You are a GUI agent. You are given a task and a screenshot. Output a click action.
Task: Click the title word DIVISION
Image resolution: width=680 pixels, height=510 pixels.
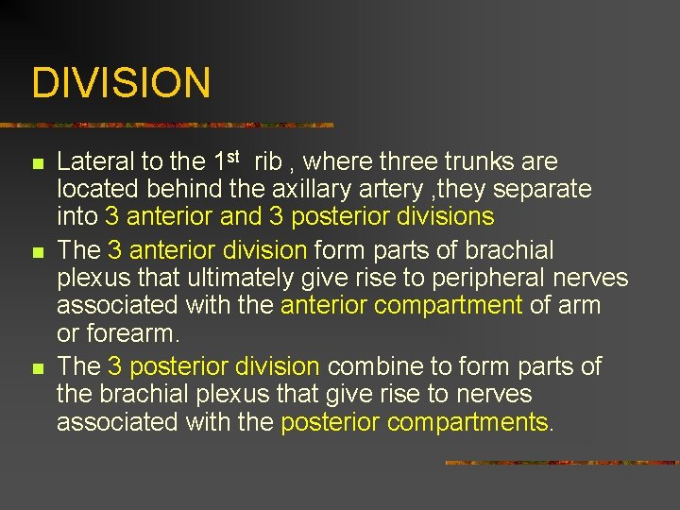(121, 83)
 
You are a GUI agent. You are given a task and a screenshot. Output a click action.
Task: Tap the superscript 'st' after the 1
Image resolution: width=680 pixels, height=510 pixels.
(232, 156)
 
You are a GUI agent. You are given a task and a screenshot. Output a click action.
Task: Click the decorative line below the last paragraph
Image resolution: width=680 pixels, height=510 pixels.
(561, 463)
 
